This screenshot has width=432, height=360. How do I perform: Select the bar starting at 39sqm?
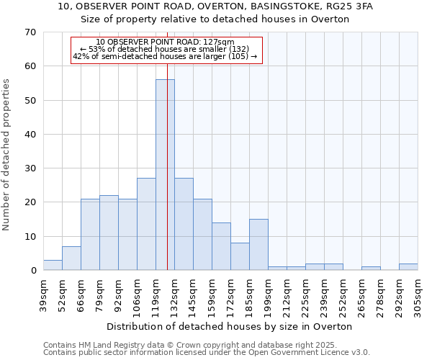coord(53,266)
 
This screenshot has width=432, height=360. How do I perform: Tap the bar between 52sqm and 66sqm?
coord(71,258)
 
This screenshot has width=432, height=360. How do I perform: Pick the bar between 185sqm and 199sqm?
coord(258,245)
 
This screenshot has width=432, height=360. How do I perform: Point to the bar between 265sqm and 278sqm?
coord(371,269)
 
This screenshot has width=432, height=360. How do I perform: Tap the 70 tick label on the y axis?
coord(30,32)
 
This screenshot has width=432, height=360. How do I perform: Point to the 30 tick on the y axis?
coord(30,168)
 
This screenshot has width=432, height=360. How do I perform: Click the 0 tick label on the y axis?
coord(32,271)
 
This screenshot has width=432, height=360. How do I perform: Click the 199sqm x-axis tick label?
coord(268,297)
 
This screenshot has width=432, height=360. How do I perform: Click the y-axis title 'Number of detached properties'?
coord(6,155)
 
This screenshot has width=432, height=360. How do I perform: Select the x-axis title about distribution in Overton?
coord(230,326)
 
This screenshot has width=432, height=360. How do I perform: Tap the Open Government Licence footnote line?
coord(207,353)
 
